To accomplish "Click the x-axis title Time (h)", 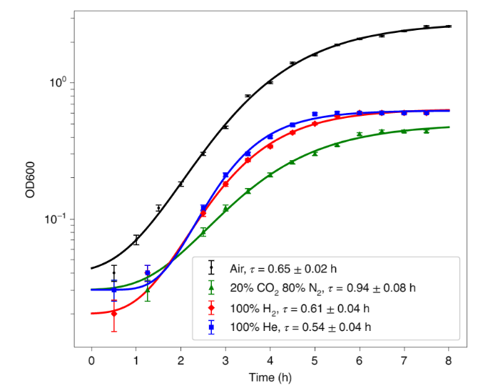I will pos(270,377).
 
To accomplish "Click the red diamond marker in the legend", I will pos(211,308).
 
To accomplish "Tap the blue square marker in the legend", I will pos(211,327).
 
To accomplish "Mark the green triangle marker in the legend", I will pos(211,288).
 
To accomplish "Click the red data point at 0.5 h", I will pos(114,313).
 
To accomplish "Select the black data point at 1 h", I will pos(136,239).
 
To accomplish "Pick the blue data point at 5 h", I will pos(315,114).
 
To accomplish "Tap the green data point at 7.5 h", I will pos(426,131).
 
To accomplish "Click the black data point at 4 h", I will pos(270,82).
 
